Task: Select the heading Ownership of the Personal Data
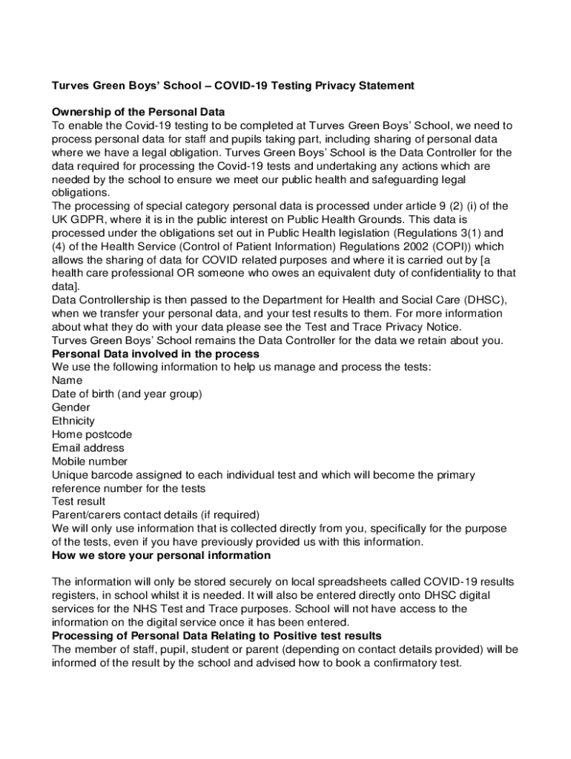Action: coord(128,113)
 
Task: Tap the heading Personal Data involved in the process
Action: coord(155,354)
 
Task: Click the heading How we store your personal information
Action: coord(161,555)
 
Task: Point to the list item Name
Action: coord(67,380)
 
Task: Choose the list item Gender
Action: coord(71,408)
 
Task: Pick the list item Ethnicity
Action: coord(73,421)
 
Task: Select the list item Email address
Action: coord(88,448)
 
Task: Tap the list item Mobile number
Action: coord(90,461)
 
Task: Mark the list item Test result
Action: coord(79,501)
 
